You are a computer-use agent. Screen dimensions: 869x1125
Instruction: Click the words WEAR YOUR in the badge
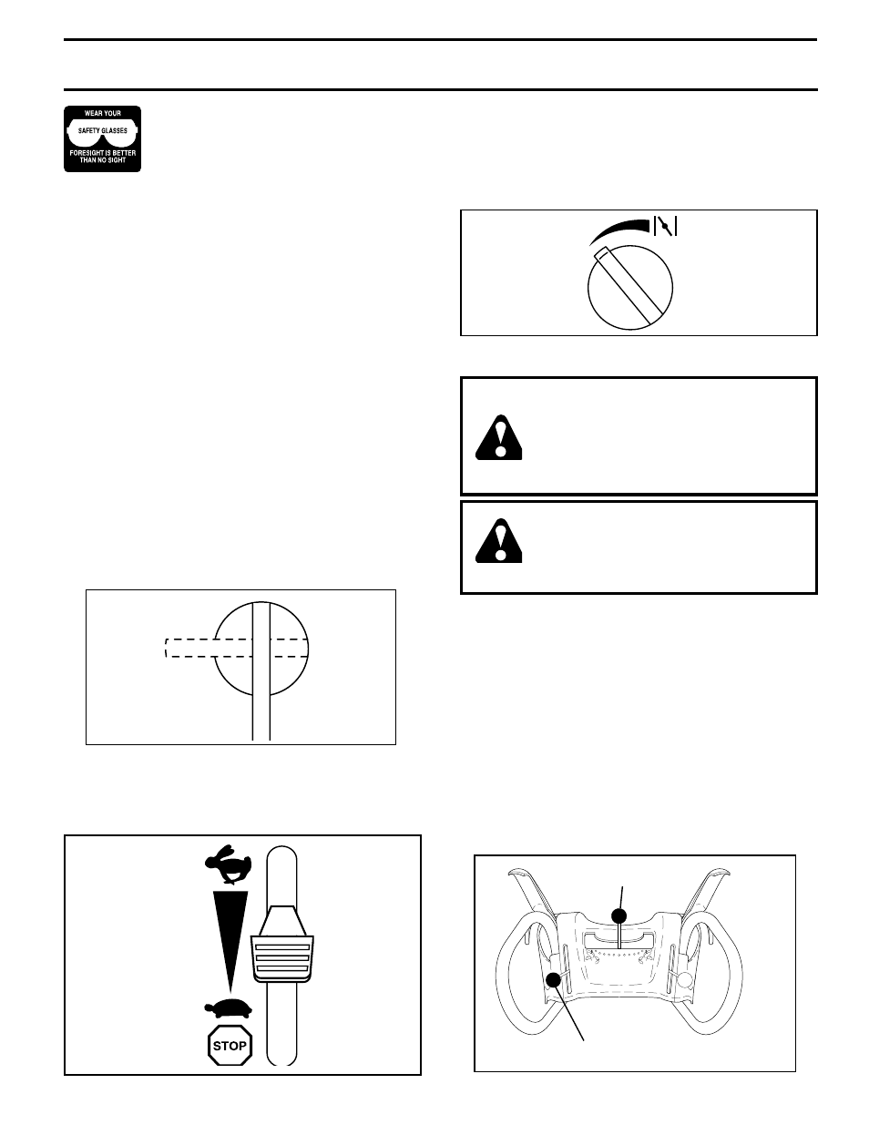coord(103,113)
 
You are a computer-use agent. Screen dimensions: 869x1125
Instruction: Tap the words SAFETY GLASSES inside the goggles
coord(103,131)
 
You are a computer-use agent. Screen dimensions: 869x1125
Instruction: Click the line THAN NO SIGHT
coord(103,160)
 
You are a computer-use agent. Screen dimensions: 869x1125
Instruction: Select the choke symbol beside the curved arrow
coord(665,226)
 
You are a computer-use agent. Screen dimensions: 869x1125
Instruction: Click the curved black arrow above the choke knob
coord(621,229)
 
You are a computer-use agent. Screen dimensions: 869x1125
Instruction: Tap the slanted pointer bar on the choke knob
coord(628,286)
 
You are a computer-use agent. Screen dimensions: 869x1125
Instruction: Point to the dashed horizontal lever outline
coord(237,648)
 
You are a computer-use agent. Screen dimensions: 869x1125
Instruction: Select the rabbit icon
coord(229,864)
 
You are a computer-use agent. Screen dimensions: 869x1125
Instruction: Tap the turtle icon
coord(229,1009)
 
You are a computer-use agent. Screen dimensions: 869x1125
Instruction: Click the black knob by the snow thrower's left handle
coord(553,979)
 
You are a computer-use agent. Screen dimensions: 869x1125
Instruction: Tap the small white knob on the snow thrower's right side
coord(686,979)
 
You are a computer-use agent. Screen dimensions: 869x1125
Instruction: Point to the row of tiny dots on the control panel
coord(619,953)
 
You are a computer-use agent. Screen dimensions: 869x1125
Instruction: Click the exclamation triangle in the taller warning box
coord(499,437)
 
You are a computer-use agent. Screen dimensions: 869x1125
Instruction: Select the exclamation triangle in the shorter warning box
coord(499,540)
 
